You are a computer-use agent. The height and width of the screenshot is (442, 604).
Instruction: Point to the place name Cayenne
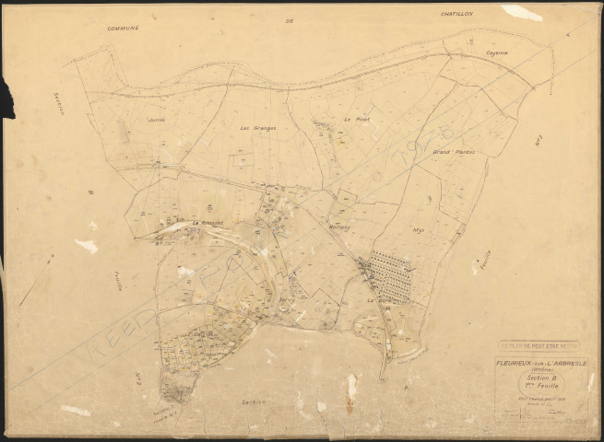click(x=498, y=53)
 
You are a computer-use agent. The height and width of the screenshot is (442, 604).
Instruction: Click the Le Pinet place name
click(x=355, y=120)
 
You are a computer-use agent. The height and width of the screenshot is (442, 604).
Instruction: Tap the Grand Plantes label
click(x=454, y=151)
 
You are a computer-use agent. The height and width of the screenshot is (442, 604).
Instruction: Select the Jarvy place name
click(x=286, y=298)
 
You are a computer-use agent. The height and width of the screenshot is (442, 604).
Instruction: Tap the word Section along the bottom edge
click(x=255, y=401)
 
